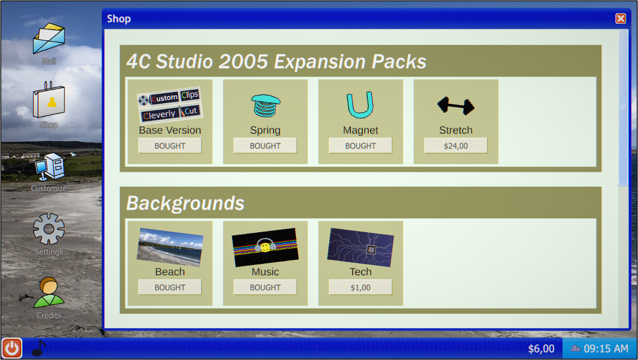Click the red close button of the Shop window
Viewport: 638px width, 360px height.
[x=621, y=19]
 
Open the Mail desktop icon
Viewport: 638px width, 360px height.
[x=49, y=38]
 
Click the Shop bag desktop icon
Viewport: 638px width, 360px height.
[x=49, y=100]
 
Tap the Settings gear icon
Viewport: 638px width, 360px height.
[x=49, y=229]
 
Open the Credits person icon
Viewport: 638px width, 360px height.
[x=49, y=292]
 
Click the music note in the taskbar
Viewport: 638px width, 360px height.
[x=39, y=348]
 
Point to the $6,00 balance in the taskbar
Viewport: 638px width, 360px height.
[x=541, y=349]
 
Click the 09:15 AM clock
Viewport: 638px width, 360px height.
[x=606, y=349]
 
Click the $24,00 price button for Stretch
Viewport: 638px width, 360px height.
[x=456, y=146]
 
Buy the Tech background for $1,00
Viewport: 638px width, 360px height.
[x=360, y=287]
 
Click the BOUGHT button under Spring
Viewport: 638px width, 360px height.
[x=265, y=146]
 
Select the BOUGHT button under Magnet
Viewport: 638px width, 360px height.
[x=360, y=146]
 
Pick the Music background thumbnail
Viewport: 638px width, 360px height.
[x=265, y=247]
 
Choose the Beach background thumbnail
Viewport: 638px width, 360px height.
[x=170, y=247]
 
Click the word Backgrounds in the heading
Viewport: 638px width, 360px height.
[x=185, y=203]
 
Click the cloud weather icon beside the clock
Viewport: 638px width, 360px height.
[x=576, y=348]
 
